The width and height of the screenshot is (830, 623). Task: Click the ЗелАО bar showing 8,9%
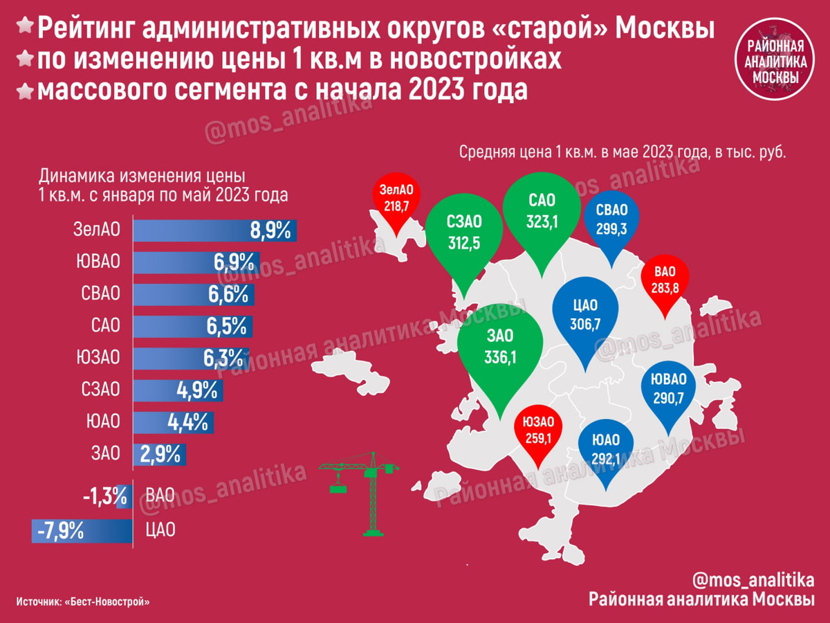(214, 231)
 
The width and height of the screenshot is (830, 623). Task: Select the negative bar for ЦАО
(83, 531)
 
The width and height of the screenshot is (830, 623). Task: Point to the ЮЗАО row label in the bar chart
(98, 357)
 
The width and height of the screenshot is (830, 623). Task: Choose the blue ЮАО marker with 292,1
(606, 448)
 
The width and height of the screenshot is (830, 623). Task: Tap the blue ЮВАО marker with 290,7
(667, 390)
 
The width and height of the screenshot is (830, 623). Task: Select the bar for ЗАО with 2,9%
(159, 454)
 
